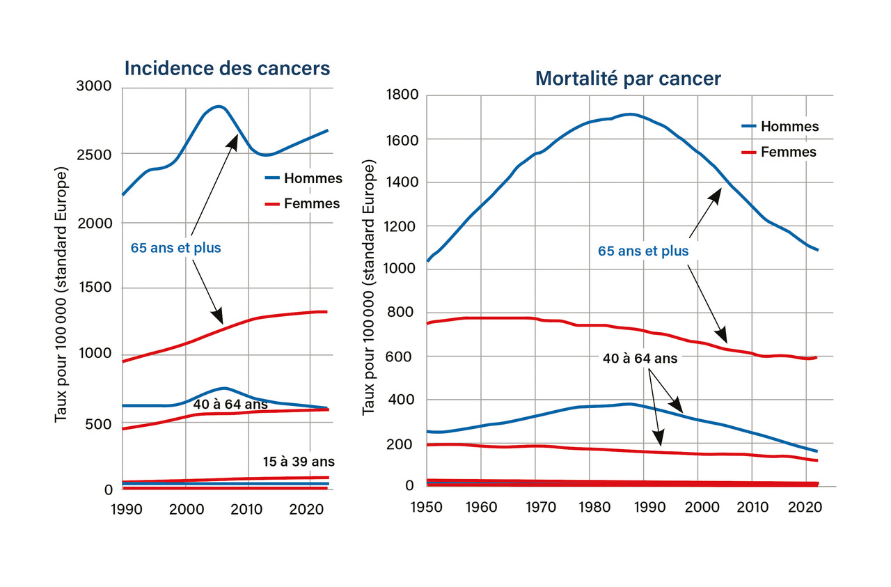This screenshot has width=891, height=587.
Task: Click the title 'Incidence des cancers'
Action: (x=227, y=68)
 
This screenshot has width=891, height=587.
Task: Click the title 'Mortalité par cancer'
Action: (x=628, y=79)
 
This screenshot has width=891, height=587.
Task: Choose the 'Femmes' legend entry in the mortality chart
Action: (x=789, y=152)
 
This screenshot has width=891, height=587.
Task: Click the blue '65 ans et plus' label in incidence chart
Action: (x=175, y=247)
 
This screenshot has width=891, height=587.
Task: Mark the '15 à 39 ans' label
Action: (x=299, y=461)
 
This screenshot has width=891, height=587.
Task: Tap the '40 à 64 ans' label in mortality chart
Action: (x=640, y=359)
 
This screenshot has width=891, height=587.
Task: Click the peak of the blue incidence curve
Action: (x=219, y=107)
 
